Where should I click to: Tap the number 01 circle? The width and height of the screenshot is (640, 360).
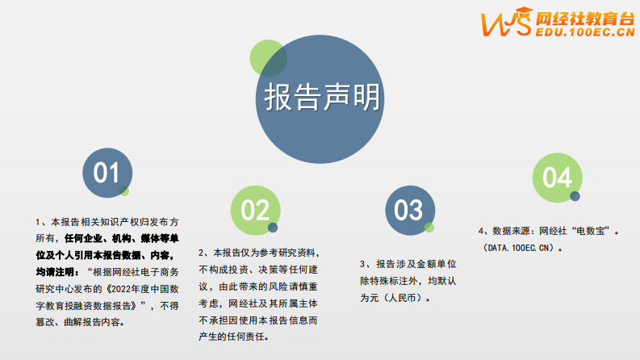click(x=107, y=173)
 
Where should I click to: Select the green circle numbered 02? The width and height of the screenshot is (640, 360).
click(x=254, y=211)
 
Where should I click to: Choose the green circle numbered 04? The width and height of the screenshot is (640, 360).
click(x=556, y=177)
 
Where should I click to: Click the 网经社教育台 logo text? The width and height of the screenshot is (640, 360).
click(x=586, y=17)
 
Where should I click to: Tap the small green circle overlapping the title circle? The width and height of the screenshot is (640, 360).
click(x=268, y=57)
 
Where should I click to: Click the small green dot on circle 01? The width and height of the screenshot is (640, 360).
click(x=124, y=190)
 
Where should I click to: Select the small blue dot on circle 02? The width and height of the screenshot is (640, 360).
click(x=273, y=228)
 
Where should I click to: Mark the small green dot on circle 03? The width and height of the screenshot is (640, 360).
click(x=429, y=228)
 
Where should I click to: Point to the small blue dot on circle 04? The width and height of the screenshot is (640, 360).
click(x=575, y=196)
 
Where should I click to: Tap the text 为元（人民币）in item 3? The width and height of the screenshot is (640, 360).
click(x=395, y=297)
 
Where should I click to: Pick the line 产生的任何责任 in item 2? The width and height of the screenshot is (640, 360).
click(x=233, y=336)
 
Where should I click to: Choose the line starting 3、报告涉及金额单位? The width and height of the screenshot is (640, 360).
click(x=409, y=264)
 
